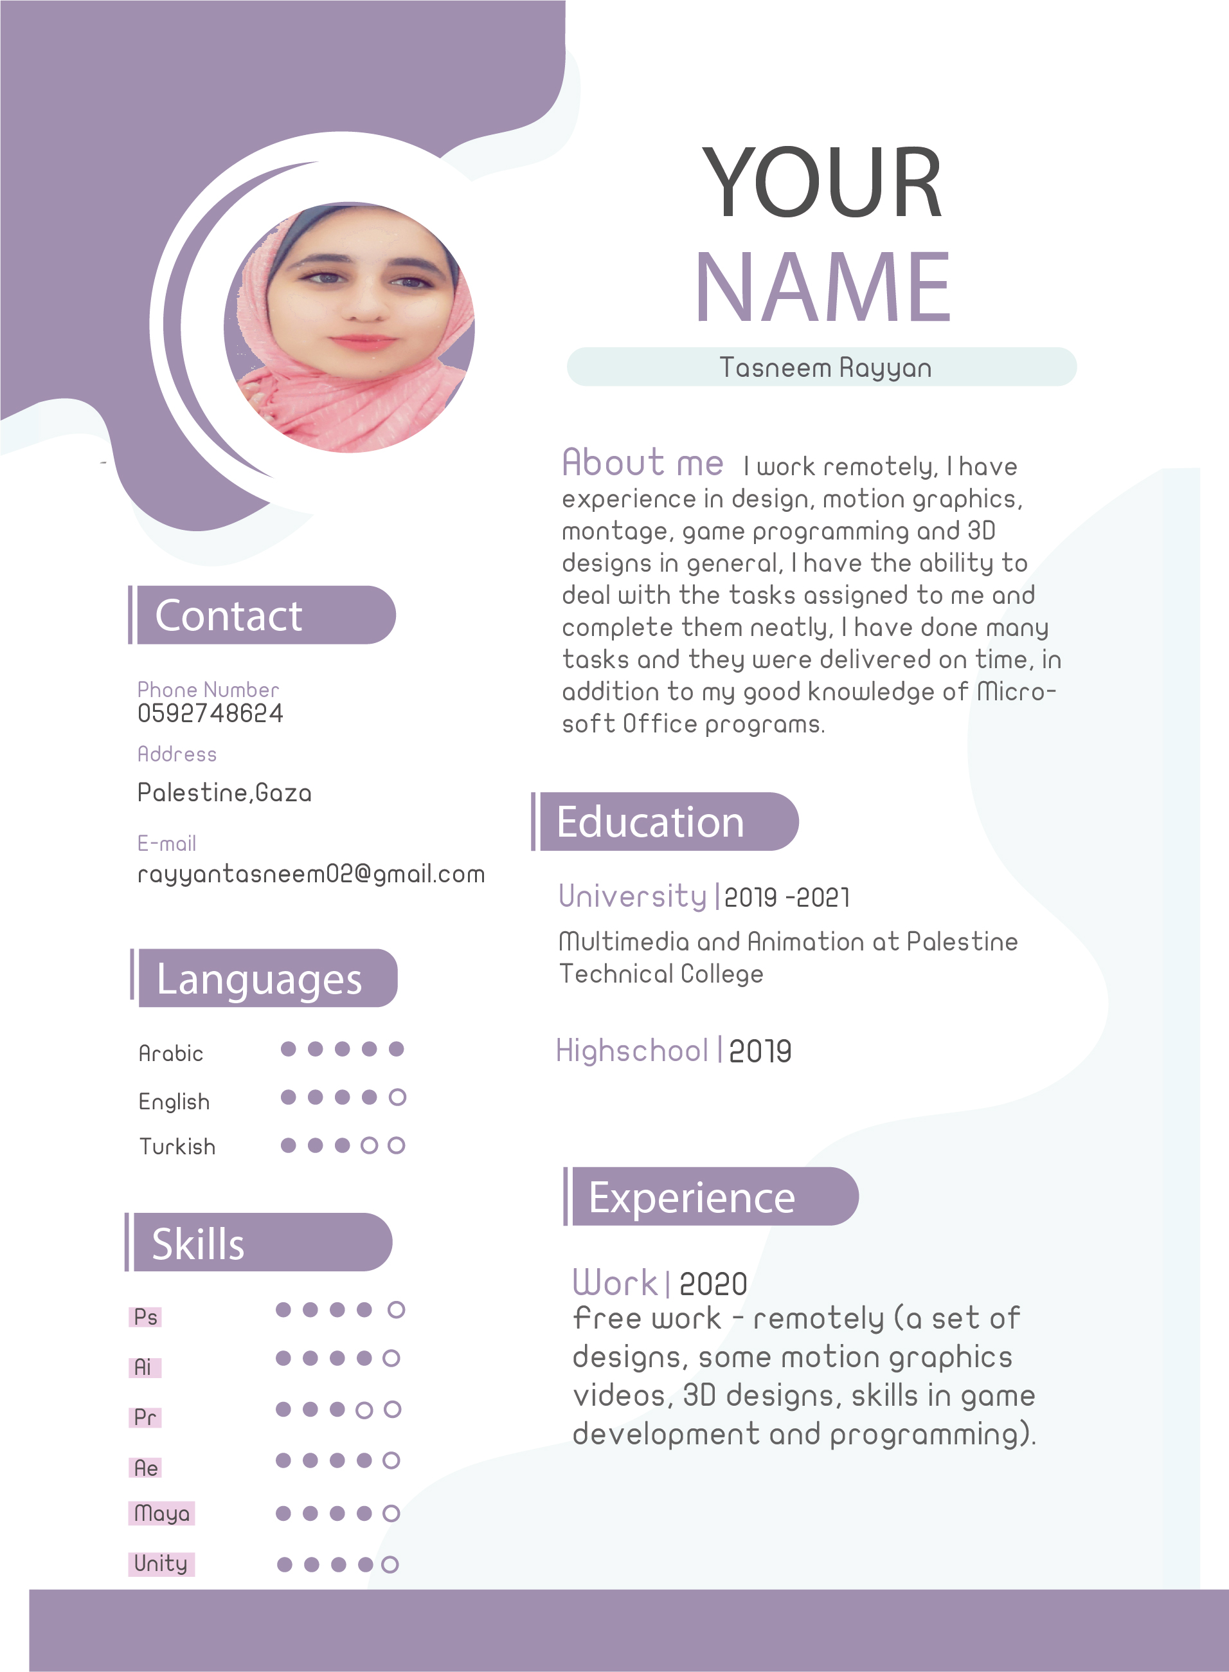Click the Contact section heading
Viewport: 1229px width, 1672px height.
228,616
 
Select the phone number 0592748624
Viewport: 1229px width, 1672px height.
210,714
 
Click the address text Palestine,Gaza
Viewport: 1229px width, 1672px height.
224,792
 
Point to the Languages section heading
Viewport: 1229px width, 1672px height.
259,979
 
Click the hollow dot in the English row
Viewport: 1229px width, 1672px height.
397,1097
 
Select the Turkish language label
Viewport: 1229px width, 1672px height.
177,1147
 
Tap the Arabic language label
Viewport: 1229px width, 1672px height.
170,1053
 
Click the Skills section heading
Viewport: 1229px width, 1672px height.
198,1244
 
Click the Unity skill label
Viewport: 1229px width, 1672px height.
161,1563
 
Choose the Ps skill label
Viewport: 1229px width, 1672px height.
145,1317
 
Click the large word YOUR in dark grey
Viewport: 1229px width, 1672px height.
823,183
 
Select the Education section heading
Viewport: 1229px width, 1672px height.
650,822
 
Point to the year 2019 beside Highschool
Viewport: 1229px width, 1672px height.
760,1051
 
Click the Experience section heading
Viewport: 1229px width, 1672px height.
692,1198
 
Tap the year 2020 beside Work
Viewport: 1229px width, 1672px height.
713,1284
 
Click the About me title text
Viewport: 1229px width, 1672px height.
642,463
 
